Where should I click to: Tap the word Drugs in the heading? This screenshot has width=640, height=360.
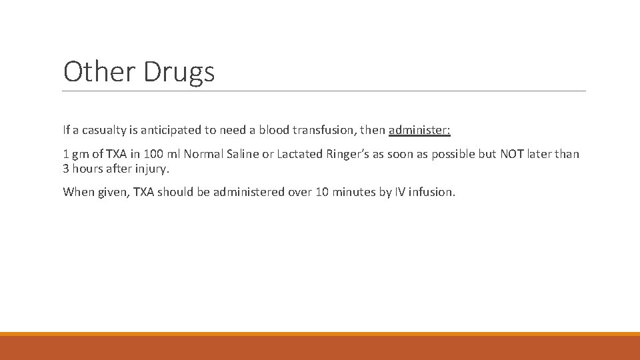point(179,71)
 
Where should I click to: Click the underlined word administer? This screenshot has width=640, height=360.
point(419,130)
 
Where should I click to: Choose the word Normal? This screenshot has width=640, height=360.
point(204,155)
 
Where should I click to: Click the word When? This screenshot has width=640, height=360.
point(77,192)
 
